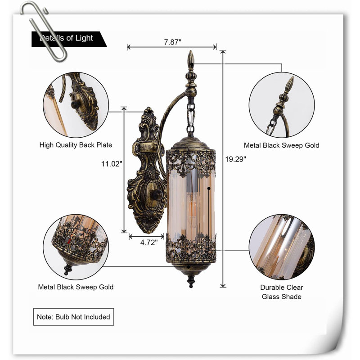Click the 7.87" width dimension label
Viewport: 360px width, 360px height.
coord(173,42)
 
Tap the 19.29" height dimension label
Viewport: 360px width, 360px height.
coord(235,159)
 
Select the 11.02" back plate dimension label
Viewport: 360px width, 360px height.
coord(112,164)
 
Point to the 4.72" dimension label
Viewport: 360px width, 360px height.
coord(149,243)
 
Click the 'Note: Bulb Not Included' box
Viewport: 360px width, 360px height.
coord(74,317)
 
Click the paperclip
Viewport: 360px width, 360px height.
coord(44,31)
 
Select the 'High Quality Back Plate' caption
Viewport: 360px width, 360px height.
coord(76,145)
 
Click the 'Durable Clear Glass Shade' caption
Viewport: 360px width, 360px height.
coord(282,292)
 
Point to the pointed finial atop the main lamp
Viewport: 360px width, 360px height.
coord(190,60)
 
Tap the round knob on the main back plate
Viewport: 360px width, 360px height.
coord(157,195)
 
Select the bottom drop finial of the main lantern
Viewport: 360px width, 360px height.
coord(191,282)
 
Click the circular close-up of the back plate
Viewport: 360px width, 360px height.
coord(76,105)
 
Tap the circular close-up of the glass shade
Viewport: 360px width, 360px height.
coord(282,247)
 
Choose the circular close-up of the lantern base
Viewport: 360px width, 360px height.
coord(76,247)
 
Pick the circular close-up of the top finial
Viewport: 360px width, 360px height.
coord(282,105)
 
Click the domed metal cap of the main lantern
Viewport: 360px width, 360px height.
coord(190,144)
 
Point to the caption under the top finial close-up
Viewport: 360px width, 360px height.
coord(282,145)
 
